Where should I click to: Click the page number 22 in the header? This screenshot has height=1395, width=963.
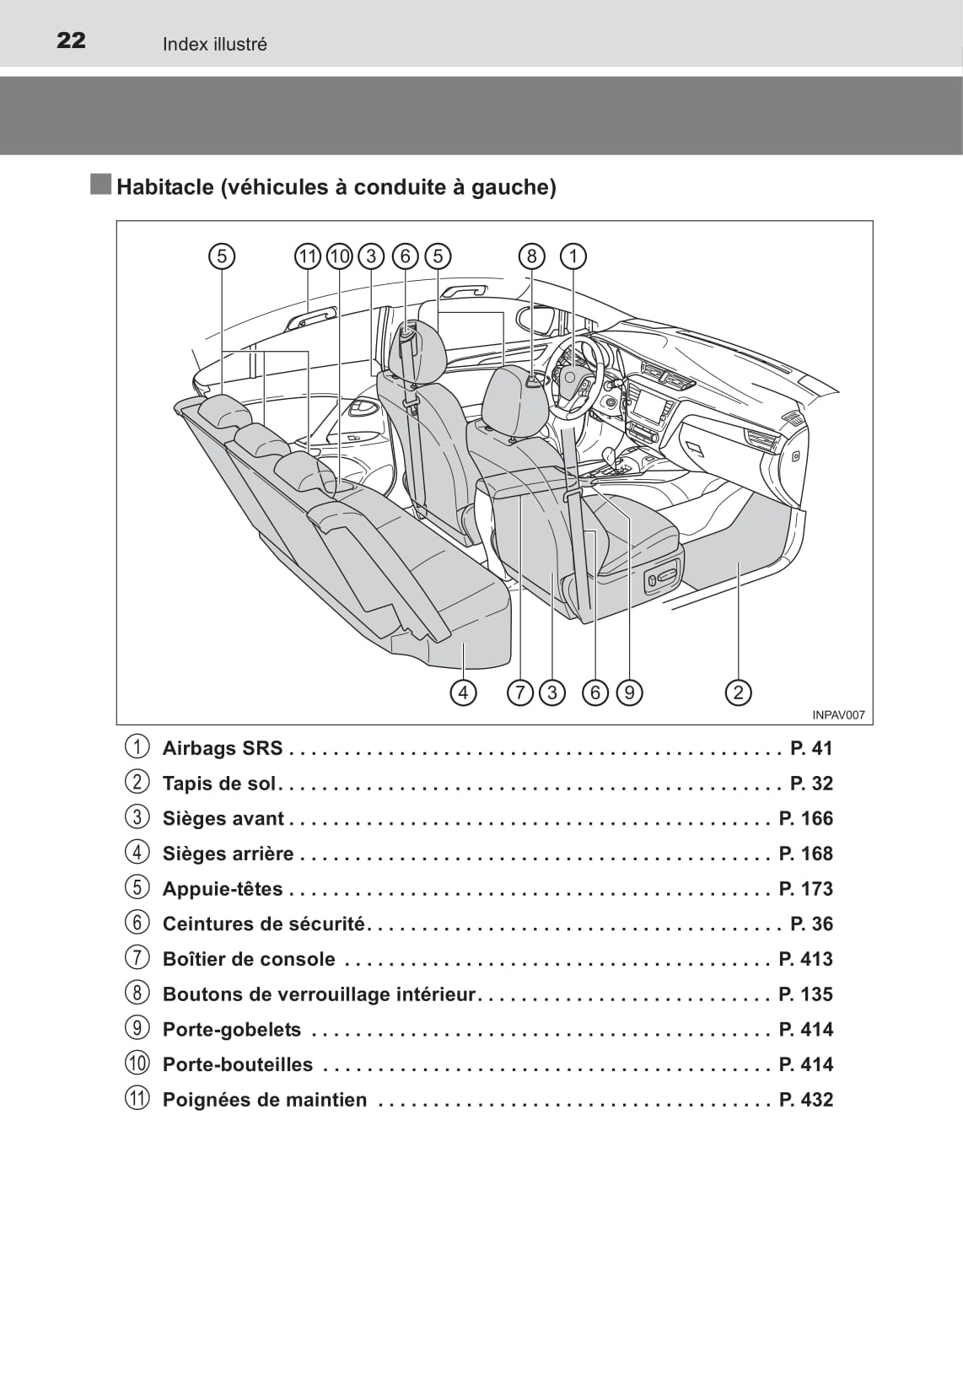click(71, 40)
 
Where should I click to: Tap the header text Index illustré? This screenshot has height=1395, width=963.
click(214, 44)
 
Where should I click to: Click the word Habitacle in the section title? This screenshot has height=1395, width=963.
click(164, 187)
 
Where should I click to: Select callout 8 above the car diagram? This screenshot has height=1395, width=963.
click(531, 256)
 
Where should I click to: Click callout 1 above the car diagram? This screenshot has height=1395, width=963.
click(573, 256)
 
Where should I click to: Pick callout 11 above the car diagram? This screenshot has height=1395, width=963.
click(307, 256)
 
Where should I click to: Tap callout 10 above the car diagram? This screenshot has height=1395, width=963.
click(339, 256)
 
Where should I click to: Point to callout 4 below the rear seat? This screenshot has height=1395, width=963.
click(463, 692)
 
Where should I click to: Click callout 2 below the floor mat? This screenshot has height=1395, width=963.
click(738, 692)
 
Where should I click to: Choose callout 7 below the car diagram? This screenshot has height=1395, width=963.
click(520, 692)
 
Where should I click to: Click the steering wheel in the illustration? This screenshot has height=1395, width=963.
click(574, 375)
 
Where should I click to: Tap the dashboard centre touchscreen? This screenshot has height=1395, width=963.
click(650, 404)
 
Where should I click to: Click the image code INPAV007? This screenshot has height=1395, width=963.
click(838, 714)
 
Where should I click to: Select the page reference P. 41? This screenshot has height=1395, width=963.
click(811, 748)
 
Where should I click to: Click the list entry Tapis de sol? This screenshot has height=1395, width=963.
click(219, 784)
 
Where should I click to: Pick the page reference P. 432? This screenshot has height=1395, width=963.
click(805, 1100)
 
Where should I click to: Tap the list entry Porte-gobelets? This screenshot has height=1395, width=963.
click(232, 1030)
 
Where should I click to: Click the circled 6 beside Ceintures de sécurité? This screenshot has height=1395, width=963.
click(137, 924)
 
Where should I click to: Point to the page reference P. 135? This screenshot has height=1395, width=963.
click(805, 994)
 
